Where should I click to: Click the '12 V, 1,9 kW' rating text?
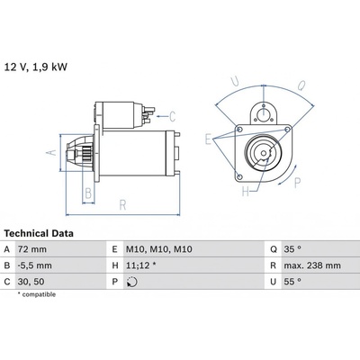click(35, 67)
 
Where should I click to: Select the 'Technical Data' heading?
click(39, 233)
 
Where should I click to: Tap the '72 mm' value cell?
click(32, 249)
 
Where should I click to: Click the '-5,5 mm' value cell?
click(35, 265)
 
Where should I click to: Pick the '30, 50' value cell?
click(31, 282)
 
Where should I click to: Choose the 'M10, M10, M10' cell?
click(159, 249)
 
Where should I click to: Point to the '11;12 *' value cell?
click(141, 265)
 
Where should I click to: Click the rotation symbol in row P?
click(132, 282)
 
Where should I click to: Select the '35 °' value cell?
click(292, 249)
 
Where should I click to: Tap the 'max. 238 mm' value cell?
click(312, 265)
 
